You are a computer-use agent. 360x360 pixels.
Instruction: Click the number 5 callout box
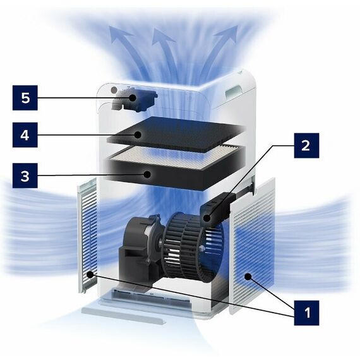tap(25, 98)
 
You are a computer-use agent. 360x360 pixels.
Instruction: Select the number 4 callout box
tap(25, 135)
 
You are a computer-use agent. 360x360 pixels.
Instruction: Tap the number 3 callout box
tap(25, 176)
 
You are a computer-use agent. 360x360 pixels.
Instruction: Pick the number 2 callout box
tap(306, 145)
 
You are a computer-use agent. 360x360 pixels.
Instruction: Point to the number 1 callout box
tap(306, 313)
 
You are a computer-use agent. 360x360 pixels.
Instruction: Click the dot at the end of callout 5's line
tap(133, 98)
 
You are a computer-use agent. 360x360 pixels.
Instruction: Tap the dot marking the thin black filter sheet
tap(138, 135)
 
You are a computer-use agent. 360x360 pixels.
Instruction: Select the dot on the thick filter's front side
tap(147, 174)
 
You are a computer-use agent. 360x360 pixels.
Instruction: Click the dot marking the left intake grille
tap(90, 274)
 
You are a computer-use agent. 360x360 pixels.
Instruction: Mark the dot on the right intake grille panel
tap(248, 277)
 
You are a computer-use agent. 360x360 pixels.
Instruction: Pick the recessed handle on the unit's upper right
tap(233, 90)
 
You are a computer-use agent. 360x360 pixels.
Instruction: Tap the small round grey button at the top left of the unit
tap(114, 90)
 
